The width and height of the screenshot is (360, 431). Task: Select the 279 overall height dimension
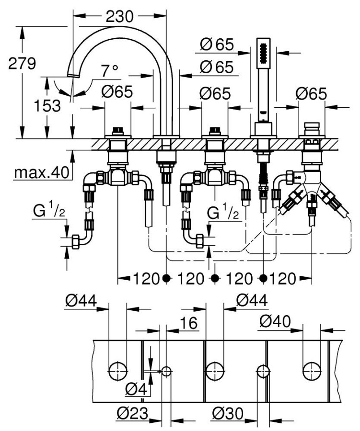tap(22, 64)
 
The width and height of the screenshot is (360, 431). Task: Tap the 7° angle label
tap(110, 71)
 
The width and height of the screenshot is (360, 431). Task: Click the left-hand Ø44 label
tap(81, 301)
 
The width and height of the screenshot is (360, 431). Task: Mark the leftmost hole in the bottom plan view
tap(118, 371)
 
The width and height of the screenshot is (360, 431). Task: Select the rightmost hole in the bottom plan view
tap(312, 371)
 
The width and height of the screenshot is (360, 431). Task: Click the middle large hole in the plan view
tap(214, 371)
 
